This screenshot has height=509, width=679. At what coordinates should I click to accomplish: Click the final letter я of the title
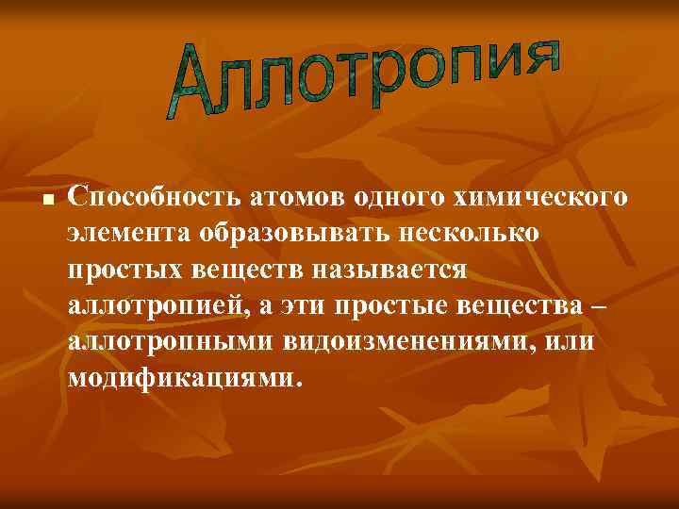point(541,54)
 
